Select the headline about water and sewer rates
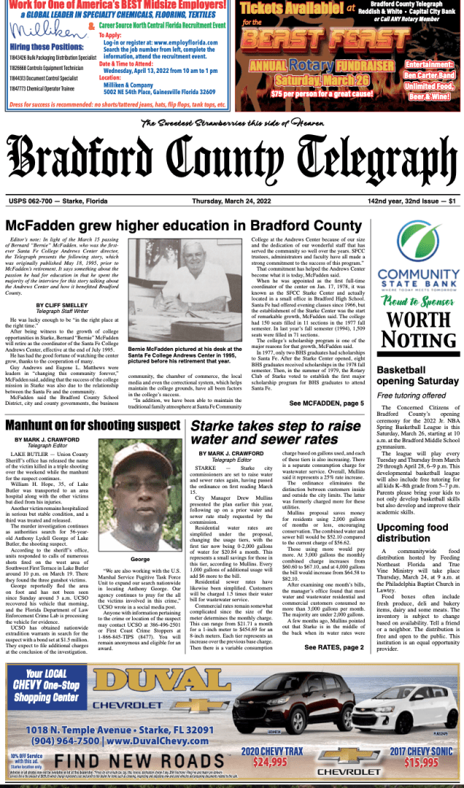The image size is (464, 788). click(x=276, y=433)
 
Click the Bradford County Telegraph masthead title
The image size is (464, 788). click(x=232, y=161)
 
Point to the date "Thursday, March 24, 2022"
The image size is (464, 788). click(x=233, y=201)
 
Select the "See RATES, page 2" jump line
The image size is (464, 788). click(x=333, y=647)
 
